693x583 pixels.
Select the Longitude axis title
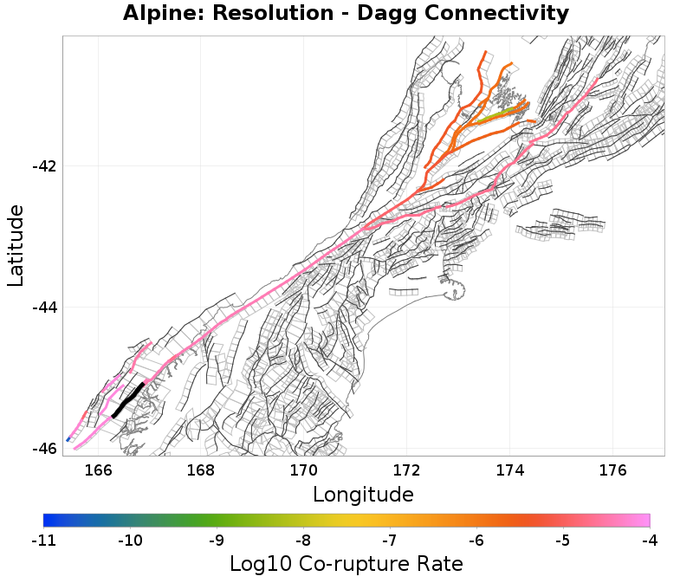363,495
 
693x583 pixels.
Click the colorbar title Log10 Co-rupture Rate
346,564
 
